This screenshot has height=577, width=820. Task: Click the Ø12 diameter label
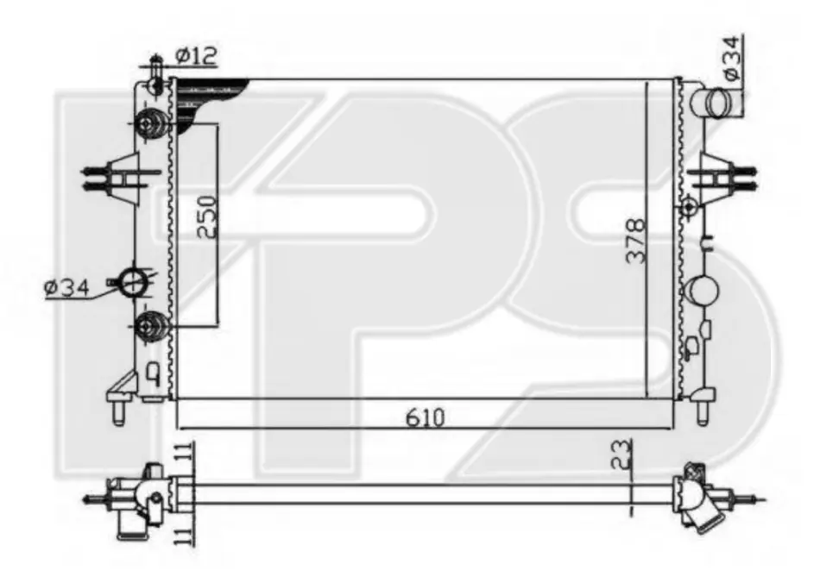196,56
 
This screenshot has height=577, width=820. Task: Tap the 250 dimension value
207,216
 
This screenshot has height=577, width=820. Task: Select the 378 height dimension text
637,241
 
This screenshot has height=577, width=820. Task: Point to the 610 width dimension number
426,417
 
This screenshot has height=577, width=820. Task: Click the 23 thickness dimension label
621,455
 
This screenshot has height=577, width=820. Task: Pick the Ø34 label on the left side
66,288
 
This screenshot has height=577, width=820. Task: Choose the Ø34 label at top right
732,58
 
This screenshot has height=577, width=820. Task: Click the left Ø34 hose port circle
133,283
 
